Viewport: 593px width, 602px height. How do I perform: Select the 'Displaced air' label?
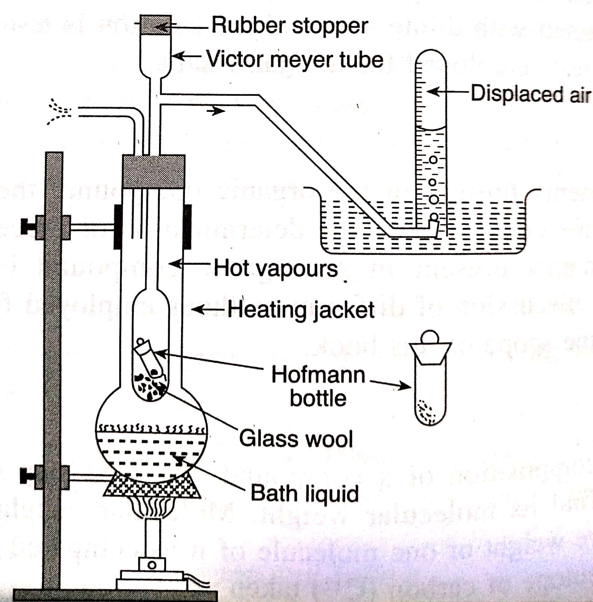(530, 93)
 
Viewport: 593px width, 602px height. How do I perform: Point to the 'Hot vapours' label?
(276, 268)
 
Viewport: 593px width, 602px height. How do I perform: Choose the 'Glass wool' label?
(296, 438)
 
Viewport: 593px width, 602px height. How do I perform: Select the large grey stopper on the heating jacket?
(154, 171)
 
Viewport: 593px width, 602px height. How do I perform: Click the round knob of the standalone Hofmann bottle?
(430, 338)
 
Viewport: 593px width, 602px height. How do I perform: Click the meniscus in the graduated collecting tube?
(431, 128)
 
